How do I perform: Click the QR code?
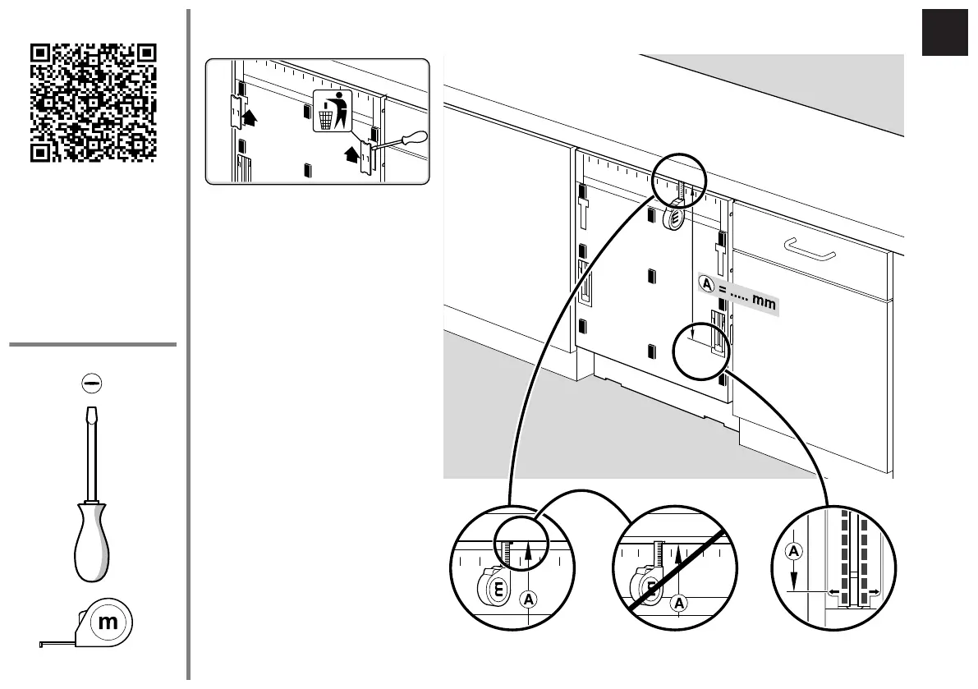click(x=93, y=102)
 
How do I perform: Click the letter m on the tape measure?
click(x=108, y=623)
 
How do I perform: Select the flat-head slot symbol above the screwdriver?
click(x=92, y=382)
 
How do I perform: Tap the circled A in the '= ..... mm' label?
click(x=707, y=283)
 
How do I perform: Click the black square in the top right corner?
click(x=945, y=33)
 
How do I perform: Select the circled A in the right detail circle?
click(x=793, y=551)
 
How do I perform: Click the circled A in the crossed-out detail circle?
click(x=679, y=604)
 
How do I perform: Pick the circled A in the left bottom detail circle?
click(x=525, y=600)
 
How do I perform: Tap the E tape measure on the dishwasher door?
click(x=674, y=218)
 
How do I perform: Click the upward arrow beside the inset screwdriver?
click(x=351, y=152)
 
